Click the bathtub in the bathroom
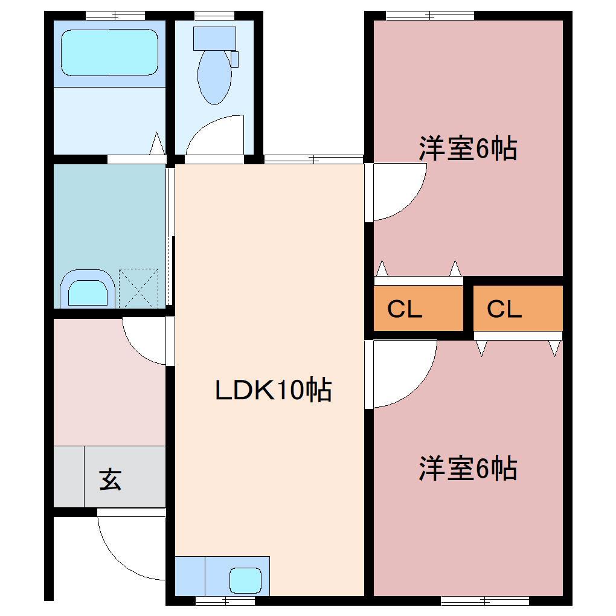[109, 53]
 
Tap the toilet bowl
[214, 77]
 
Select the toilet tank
[214, 38]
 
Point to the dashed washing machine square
[138, 288]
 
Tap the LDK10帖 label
[274, 390]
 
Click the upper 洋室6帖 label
[468, 149]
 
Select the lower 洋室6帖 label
[468, 469]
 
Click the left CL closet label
[405, 309]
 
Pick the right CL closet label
[504, 309]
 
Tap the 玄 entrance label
[111, 480]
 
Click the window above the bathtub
[115, 16]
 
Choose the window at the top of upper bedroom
[429, 16]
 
